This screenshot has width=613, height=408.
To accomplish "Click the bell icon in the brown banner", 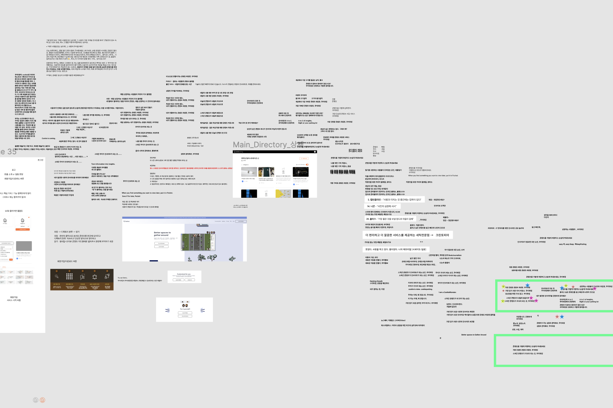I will click(x=95, y=277).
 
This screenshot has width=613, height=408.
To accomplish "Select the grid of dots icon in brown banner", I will click(x=70, y=276).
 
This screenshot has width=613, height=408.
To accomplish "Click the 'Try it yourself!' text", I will click(x=185, y=309).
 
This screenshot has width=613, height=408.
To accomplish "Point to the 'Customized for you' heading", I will click(x=183, y=274).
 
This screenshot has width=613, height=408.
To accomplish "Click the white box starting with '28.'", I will click(x=390, y=219).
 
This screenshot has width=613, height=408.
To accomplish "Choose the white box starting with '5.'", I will click(x=394, y=200).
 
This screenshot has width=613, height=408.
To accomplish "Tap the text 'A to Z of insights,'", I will click(x=305, y=121).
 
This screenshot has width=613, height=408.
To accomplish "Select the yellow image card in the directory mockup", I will click(x=283, y=194).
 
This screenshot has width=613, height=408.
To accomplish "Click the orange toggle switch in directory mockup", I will click(x=307, y=164).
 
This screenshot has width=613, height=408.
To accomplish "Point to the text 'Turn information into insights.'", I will click(x=103, y=164).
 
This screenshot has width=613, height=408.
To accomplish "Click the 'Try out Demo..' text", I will click(x=122, y=278).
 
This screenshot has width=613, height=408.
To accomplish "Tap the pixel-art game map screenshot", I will click(x=198, y=242).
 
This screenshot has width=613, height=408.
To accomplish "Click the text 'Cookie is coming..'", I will click(x=49, y=138).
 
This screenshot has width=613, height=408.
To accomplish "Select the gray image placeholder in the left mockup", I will click(x=24, y=246).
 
